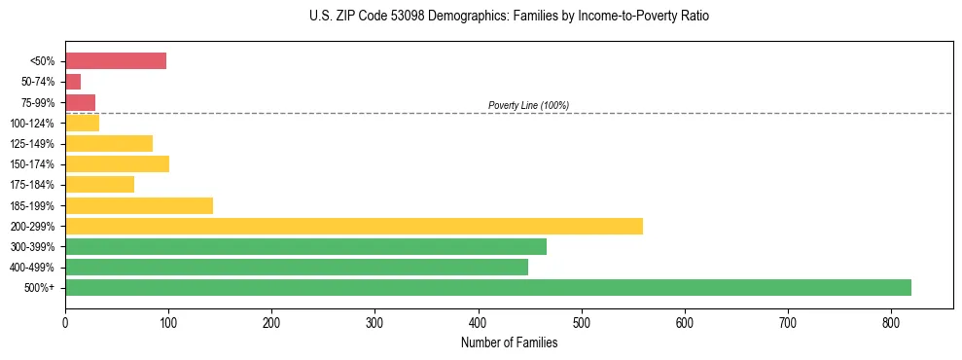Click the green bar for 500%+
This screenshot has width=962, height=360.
[487, 287]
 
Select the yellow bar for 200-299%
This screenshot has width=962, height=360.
[353, 226]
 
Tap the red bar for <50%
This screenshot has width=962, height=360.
[115, 60]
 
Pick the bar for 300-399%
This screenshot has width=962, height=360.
[305, 246]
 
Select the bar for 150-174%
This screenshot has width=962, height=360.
[117, 163]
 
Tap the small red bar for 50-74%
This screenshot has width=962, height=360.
[73, 82]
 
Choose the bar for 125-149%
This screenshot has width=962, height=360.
[108, 143]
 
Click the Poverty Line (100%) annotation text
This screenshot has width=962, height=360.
[528, 105]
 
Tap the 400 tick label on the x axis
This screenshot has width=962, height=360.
[478, 322]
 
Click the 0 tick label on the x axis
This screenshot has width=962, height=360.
[65, 322]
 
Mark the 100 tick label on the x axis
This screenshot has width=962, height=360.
[168, 322]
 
